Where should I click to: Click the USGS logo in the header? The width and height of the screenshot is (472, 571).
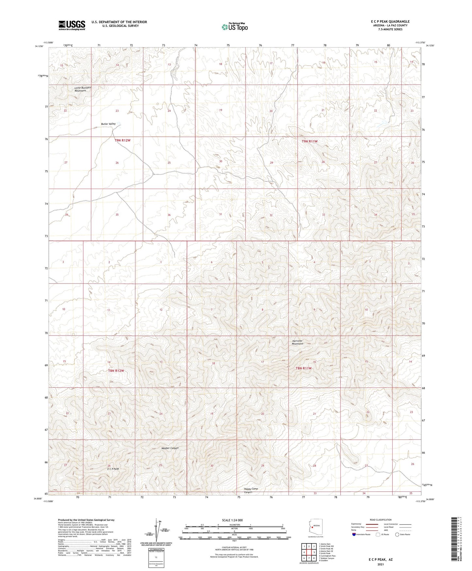[72, 25]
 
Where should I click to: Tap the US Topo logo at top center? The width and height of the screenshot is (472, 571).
[235, 27]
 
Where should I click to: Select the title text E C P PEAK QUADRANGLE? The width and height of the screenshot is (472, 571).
[390, 22]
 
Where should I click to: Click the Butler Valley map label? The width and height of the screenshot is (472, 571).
[108, 124]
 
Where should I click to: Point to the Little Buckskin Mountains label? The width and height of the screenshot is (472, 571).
[83, 89]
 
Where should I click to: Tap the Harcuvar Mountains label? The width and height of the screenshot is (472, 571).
[298, 342]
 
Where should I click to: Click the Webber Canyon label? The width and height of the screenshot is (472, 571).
[170, 448]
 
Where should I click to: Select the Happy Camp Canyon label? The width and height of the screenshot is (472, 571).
[251, 490]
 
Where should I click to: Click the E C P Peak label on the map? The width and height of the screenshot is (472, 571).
[113, 469]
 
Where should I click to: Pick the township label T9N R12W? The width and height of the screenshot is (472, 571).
[122, 140]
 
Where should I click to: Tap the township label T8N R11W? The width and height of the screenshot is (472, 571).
[304, 368]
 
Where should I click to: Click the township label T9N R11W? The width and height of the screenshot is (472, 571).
[310, 141]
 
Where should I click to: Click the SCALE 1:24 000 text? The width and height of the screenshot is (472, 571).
[232, 520]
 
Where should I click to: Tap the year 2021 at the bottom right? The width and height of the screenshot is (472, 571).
[381, 564]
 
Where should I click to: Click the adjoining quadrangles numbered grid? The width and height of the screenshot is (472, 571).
[309, 553]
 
